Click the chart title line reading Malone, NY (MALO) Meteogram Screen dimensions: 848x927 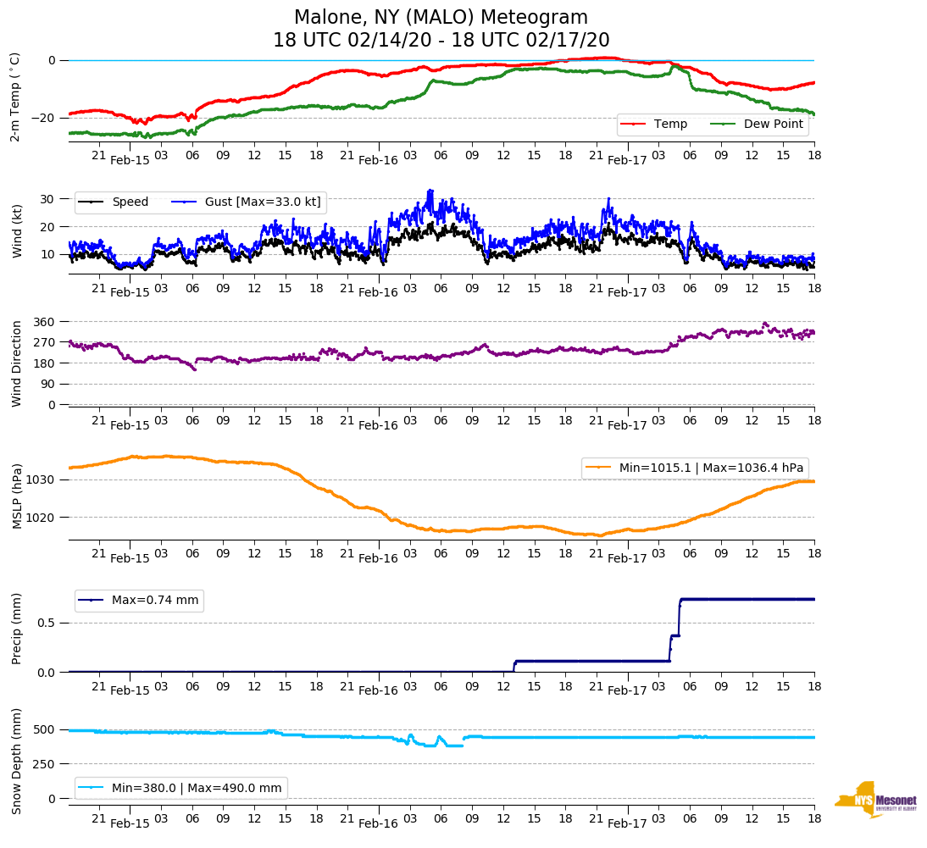coord(441,18)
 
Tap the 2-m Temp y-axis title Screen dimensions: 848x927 coord(15,97)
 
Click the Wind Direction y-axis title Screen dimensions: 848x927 coord(17,363)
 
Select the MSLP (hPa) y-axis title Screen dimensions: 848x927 coord(17,496)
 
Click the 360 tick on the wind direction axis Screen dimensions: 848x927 coord(45,322)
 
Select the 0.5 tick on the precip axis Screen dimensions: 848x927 coord(46,623)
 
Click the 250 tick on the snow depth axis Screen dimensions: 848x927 coord(45,764)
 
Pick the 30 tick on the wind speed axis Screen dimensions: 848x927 coord(48,199)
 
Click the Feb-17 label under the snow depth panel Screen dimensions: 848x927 coord(627,823)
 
